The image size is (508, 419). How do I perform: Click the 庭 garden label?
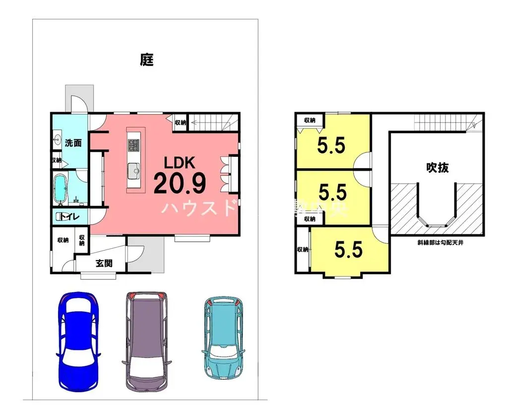(146, 61)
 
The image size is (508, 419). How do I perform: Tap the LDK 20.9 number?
(180, 184)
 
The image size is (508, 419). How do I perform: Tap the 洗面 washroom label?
(73, 143)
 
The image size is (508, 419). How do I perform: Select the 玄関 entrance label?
(104, 263)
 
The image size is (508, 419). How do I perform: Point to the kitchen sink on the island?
(134, 170)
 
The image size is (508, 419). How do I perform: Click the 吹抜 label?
(437, 168)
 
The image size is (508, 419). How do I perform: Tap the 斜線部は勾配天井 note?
(441, 243)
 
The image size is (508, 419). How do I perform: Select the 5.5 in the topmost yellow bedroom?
(331, 146)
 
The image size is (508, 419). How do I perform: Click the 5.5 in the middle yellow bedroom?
(332, 191)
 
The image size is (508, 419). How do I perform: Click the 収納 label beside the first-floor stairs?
(180, 122)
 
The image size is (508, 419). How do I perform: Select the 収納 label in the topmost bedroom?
(310, 120)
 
